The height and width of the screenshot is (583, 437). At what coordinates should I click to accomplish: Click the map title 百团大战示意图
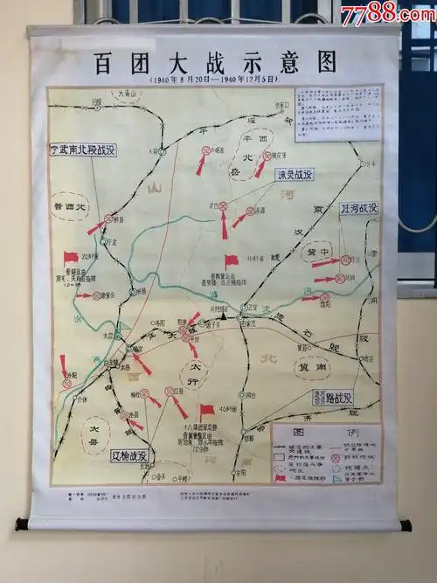(216, 62)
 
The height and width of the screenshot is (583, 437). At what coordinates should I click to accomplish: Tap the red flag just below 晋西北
(71, 258)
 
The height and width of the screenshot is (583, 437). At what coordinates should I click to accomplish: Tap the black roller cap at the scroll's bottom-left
(21, 524)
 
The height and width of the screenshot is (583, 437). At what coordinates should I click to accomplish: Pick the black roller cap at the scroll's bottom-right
(405, 525)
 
